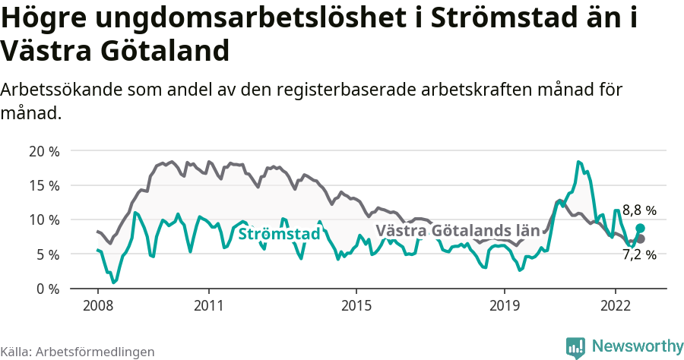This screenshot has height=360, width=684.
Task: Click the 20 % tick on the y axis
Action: [x=44, y=150]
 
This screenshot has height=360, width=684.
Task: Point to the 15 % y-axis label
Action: [x=44, y=185]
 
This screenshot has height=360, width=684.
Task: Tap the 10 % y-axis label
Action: [x=44, y=219]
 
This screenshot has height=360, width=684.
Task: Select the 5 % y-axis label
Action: [x=48, y=254]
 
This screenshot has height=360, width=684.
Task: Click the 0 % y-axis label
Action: [x=48, y=289]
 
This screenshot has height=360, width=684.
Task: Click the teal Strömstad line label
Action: [x=279, y=234]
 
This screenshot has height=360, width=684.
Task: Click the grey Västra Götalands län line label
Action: [x=458, y=230]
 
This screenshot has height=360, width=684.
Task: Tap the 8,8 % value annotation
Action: [x=639, y=210]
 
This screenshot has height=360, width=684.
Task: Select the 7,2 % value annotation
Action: [x=639, y=255]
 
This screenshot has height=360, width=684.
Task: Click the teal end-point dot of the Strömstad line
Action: [x=641, y=228]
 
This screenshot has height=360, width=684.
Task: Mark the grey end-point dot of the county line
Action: [x=641, y=238]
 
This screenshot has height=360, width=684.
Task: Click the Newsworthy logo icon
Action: [x=575, y=346]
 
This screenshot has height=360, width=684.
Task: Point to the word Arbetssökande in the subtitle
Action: [x=58, y=89]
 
